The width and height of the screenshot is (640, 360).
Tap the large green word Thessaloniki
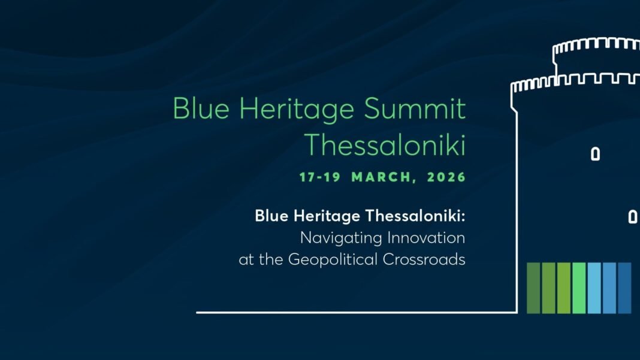[x=385, y=144]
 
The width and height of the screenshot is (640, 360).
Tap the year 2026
[x=446, y=177]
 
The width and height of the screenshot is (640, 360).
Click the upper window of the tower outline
[x=595, y=154]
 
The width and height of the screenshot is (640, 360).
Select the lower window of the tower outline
[x=632, y=217]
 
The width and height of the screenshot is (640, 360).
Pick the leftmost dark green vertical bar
[x=533, y=288]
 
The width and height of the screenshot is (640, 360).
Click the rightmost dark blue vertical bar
[x=624, y=288]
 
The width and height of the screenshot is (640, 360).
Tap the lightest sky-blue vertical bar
[x=594, y=288]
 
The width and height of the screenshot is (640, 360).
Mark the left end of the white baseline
[x=198, y=312]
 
